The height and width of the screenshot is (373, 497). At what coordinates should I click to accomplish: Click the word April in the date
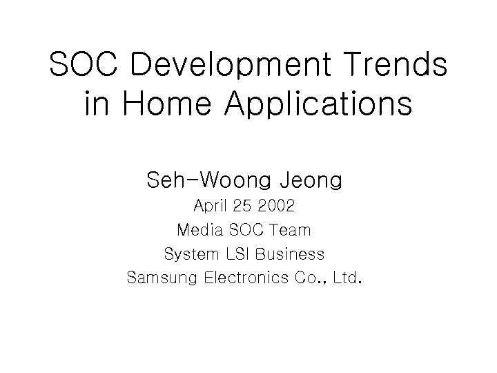pos(210,207)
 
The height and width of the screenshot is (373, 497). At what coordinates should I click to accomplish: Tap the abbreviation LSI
pos(237,254)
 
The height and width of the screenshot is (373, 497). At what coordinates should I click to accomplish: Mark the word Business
pos(289,254)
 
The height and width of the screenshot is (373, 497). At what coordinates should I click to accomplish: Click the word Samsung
pos(162,278)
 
